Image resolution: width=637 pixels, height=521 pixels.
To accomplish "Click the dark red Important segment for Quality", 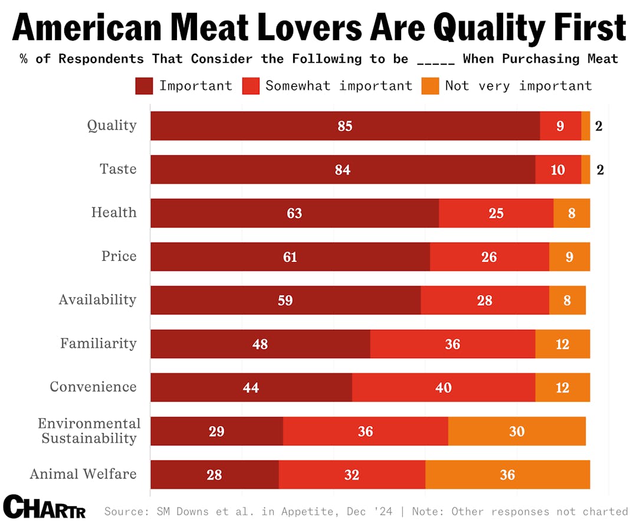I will pos(345,126).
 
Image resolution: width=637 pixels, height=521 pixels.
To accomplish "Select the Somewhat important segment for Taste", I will pos(557,170).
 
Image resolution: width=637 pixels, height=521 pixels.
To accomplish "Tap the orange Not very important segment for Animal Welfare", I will pos(507,474).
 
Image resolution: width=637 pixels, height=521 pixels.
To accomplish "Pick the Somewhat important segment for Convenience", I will pos(443,388).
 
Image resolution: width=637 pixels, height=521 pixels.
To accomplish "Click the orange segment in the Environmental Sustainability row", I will pos(517,431).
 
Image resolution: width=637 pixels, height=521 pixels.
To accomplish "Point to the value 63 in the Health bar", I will pos(294,213).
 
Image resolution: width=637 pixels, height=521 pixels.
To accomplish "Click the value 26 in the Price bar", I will pos(489,257).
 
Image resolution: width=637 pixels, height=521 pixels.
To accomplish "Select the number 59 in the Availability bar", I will pos(285,300).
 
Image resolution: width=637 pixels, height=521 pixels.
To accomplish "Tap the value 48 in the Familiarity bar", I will pos(260,344).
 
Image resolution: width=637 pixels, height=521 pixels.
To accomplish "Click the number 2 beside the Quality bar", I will pos(599,126).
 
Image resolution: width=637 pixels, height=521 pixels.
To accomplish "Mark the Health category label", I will pos(114,212).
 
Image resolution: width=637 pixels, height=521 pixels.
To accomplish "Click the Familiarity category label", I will pos(98,343).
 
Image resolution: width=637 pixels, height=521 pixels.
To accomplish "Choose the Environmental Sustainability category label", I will pos(89,431).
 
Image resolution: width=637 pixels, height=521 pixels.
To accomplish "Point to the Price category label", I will pos(119,256).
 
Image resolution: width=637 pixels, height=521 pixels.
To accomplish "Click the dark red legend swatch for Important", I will pos(144,86).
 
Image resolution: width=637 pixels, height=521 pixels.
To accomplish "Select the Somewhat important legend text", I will pos(339,86).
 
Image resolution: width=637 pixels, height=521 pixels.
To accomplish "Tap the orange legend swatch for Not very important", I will pos(430,86).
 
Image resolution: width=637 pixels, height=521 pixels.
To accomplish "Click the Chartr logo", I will pos(44,506).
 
